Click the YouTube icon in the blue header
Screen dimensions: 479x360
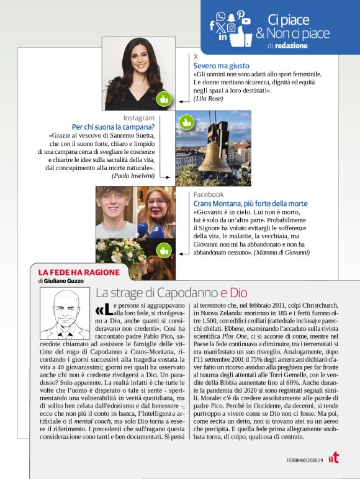246,21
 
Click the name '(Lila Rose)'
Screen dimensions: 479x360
208,98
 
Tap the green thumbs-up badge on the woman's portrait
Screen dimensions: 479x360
164,99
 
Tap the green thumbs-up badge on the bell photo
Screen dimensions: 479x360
186,122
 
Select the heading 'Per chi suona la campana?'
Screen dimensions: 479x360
113,127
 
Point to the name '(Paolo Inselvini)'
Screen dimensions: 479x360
133,176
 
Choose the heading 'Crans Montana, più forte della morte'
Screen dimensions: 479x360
250,204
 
